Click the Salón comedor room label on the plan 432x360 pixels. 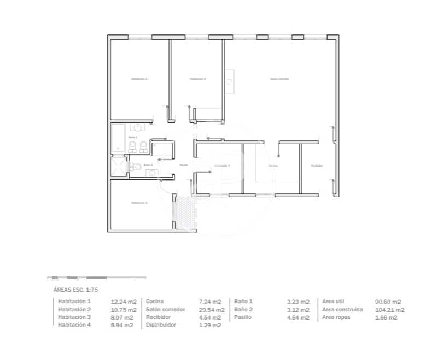279,79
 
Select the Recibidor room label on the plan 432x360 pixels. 317,166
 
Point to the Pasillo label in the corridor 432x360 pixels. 184,164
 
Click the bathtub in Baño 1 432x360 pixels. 118,139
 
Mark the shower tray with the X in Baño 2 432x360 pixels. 118,166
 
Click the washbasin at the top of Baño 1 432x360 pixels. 138,128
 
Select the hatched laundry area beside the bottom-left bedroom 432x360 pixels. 185,213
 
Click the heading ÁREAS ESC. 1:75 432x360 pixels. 75,290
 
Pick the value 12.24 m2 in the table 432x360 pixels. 123,302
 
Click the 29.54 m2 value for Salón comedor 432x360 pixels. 210,309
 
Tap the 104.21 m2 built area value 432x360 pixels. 389,309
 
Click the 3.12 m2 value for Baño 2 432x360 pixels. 298,309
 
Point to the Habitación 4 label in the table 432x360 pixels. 74,325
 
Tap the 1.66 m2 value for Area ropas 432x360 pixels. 386,317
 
